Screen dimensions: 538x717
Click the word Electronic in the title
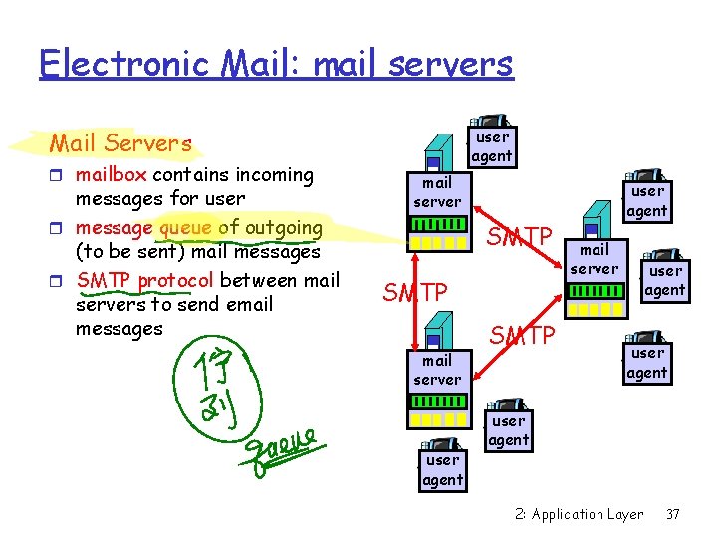[111, 65]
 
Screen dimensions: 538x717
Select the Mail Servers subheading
[120, 144]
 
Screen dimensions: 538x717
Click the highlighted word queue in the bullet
[185, 227]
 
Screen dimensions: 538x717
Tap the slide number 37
[673, 514]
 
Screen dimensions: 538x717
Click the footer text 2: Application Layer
[580, 514]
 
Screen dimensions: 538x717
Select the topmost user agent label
[492, 146]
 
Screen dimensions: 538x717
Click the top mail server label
[437, 192]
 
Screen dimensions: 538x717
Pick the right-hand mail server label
[595, 259]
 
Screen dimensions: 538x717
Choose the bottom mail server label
[437, 370]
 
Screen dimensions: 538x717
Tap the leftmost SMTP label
[415, 293]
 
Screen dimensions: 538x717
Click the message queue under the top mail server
[438, 242]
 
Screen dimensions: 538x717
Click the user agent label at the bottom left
[442, 470]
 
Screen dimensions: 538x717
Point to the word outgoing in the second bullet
[283, 227]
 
